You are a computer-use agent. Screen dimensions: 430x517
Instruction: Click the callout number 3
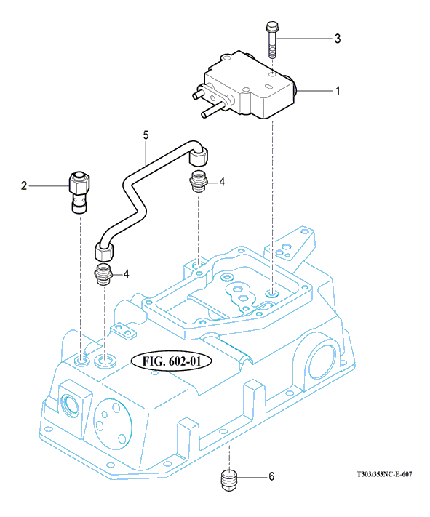point(338,39)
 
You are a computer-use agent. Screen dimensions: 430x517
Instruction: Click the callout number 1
point(338,91)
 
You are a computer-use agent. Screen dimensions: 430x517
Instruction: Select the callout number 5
point(146,135)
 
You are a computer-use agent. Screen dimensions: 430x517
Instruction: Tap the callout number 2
point(24,185)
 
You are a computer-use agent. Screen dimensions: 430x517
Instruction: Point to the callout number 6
point(271,476)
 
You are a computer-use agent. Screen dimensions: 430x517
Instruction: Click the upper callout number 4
point(222,182)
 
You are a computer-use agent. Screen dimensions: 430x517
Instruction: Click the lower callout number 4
point(126,274)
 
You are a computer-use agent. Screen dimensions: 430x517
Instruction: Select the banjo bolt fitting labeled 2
point(79,192)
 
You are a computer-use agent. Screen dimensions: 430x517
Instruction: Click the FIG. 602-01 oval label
point(172,361)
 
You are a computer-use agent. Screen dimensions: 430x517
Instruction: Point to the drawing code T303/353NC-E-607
point(384,475)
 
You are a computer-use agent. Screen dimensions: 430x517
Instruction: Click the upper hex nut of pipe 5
point(199,156)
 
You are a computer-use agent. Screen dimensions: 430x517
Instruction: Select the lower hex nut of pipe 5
point(104,252)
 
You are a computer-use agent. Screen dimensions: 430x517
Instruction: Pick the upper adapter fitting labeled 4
point(199,182)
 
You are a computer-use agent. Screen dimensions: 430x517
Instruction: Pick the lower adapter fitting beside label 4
point(104,275)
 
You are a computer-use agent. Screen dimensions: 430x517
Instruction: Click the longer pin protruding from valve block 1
point(213,110)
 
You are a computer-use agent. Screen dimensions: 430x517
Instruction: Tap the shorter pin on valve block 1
point(199,92)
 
